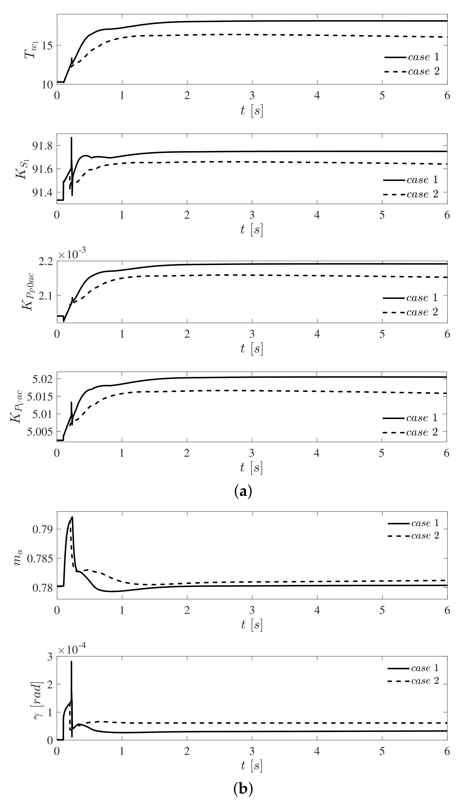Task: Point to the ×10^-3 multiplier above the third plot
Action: point(72,255)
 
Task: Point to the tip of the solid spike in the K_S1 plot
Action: point(72,138)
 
